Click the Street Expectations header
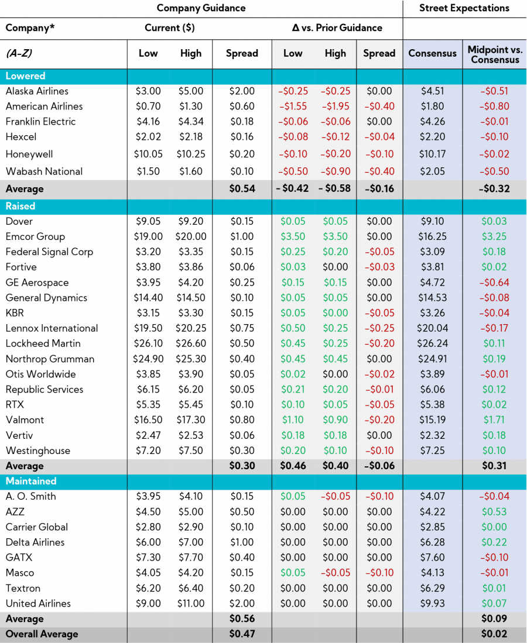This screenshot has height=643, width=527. pos(464,8)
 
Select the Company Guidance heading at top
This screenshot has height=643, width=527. pos(201,8)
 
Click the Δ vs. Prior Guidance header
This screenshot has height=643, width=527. pos(337,27)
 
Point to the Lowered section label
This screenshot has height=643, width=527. pos(25,76)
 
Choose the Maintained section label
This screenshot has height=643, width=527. pos(31,481)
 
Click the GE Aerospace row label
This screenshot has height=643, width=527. pos(37,283)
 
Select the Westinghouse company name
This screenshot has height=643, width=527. pos(37,451)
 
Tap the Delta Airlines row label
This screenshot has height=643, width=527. pos(35,542)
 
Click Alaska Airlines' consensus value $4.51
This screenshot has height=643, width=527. pos(432,91)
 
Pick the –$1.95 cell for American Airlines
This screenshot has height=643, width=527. pos(335,106)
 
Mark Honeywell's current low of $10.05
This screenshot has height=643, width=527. pos(148,154)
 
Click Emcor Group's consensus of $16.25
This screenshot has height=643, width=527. pos(432,237)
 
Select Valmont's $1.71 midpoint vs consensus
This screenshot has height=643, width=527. pos(495,420)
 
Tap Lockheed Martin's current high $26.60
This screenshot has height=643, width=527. pos(191,343)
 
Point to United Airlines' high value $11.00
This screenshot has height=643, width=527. pos(191,604)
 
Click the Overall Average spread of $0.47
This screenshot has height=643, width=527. pos(242,634)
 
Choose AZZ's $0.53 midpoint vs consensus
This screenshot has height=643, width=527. pos(495,512)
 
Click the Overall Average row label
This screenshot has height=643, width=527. pos(42,634)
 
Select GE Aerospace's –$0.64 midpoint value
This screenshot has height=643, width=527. pos(495,283)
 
